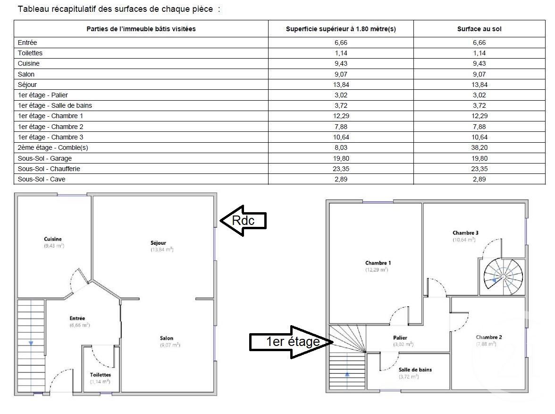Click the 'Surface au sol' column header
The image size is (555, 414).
tap(479, 29)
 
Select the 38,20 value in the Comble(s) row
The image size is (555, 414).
tap(479, 147)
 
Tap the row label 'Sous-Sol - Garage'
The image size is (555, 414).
tap(45, 158)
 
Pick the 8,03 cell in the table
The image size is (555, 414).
tap(341, 147)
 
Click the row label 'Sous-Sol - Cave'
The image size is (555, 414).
tap(42, 179)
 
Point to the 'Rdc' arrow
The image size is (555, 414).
tap(243, 220)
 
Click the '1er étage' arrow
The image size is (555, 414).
tap(292, 341)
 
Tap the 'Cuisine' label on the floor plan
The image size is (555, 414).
tap(53, 239)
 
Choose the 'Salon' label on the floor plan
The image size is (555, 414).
tap(167, 338)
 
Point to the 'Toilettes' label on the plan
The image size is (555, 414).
tap(100, 375)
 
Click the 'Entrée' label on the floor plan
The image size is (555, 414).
tap(77, 318)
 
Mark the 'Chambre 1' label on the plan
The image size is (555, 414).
tap(378, 263)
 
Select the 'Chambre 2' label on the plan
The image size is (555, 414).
tap(489, 337)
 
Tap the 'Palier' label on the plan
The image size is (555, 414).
tap(400, 337)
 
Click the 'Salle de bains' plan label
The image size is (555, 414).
tap(415, 370)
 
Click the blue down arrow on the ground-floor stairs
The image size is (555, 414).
tap(31, 343)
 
